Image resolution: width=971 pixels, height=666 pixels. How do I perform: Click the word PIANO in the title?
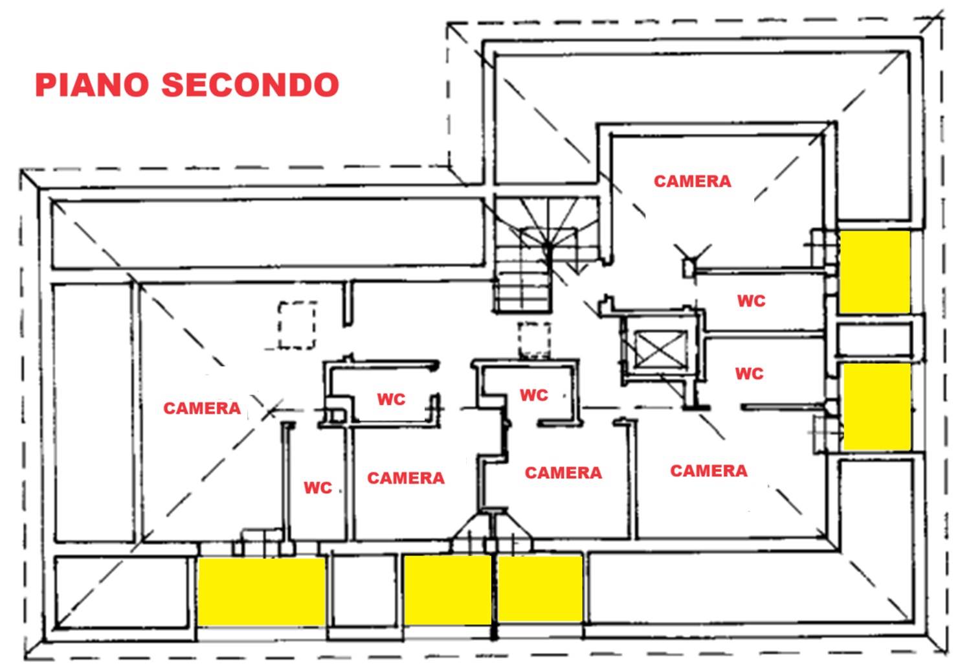pos(92,85)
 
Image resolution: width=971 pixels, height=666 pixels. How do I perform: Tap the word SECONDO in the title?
pos(250,85)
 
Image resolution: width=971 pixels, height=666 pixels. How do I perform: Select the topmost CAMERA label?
pos(692,181)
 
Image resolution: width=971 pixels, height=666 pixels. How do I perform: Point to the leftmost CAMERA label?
pos(201,408)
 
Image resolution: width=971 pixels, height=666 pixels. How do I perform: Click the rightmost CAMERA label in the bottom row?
pos(709,471)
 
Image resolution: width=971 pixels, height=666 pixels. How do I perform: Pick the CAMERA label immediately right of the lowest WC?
pos(406,478)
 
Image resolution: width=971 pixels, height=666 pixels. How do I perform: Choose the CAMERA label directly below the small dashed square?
pos(563,473)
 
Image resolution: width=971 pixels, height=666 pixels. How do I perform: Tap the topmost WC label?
pos(751,301)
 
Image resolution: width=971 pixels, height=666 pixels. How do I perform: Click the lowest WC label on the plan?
pos(318,488)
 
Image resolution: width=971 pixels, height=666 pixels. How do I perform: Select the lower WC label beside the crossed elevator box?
pos(750,374)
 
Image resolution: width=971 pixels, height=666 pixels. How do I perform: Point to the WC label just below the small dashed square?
pos(534,395)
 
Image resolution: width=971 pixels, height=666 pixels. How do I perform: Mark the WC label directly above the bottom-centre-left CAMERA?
pos(391,399)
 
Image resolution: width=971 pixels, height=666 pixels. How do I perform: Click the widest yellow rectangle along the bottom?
pos(262,591)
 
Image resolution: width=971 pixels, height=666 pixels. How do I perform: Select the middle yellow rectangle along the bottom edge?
pos(447,590)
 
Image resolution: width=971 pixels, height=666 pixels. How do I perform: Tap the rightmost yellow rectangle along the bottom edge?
pos(540,589)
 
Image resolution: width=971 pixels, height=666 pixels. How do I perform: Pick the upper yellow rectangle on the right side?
pos(875,272)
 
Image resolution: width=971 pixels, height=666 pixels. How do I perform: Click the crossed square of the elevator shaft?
pos(661,349)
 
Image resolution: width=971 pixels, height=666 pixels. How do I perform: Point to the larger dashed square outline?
pos(297,325)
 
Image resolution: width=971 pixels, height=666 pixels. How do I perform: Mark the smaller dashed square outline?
pos(535,339)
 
